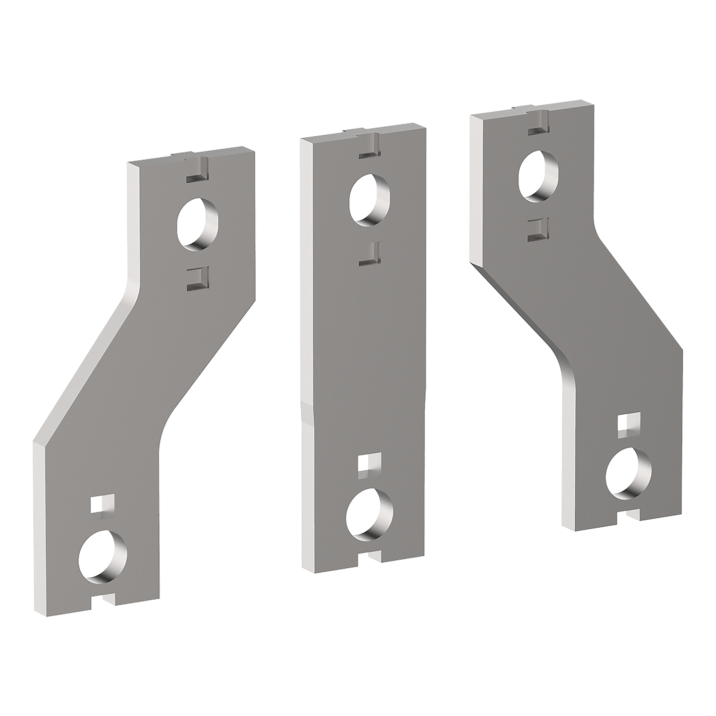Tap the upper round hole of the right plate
coord(537,176)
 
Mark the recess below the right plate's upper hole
coord(537,228)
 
